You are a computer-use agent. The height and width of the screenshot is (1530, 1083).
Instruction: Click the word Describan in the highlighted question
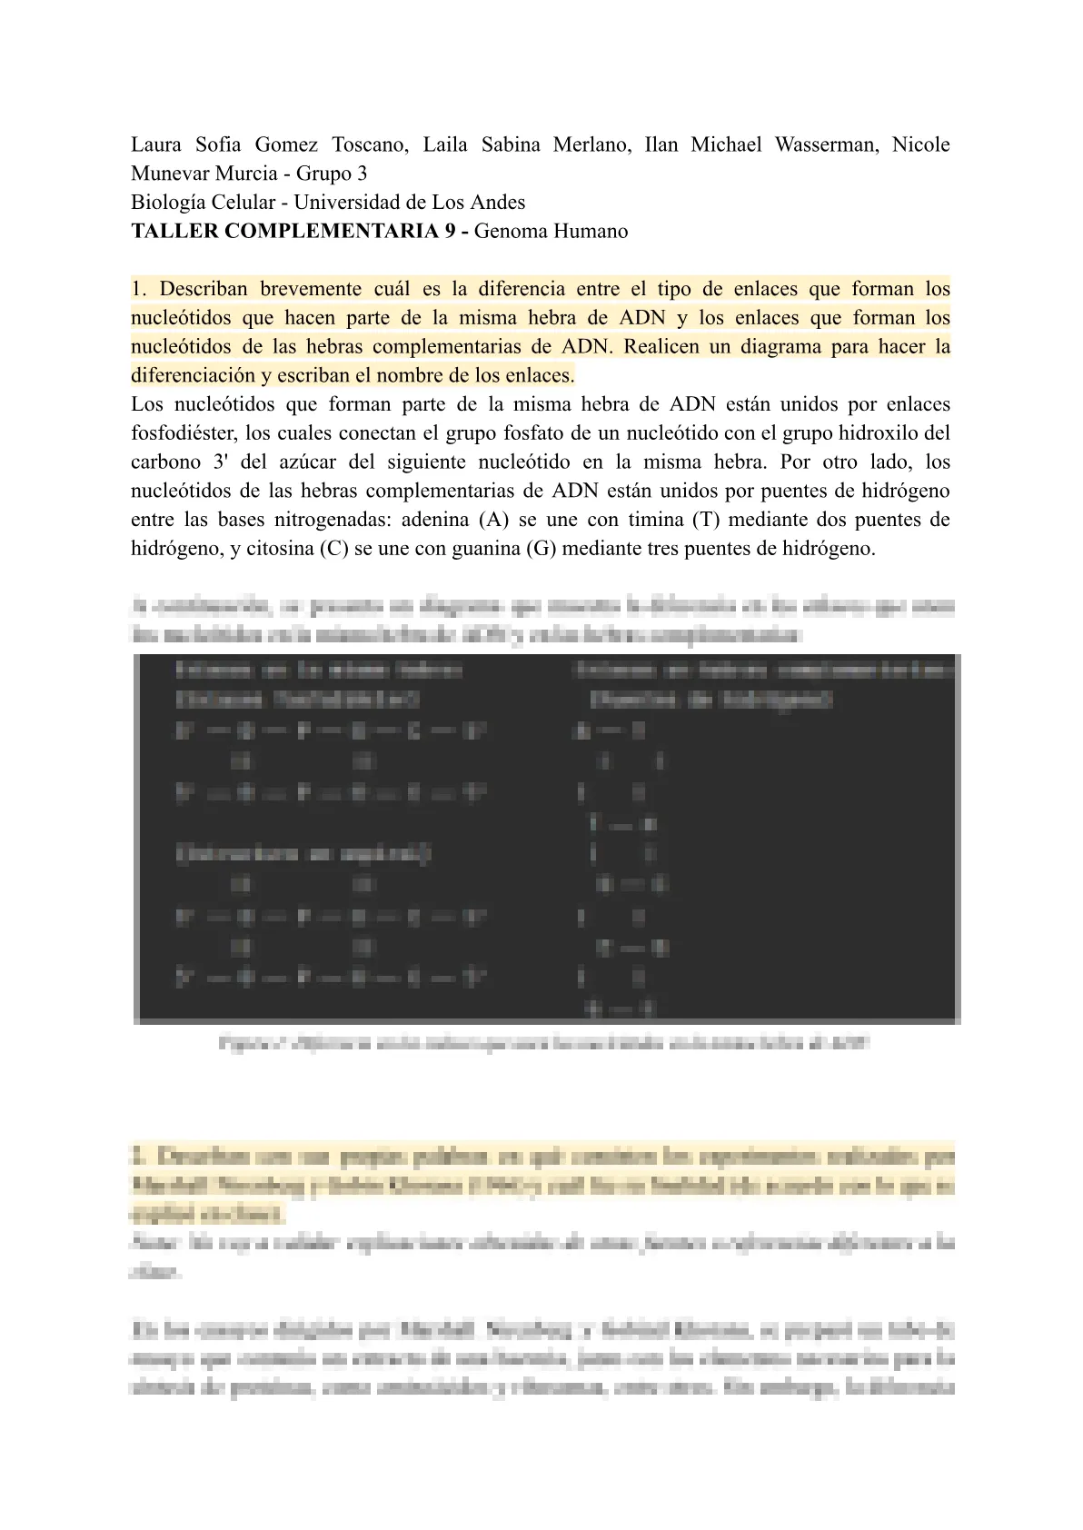(x=204, y=289)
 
